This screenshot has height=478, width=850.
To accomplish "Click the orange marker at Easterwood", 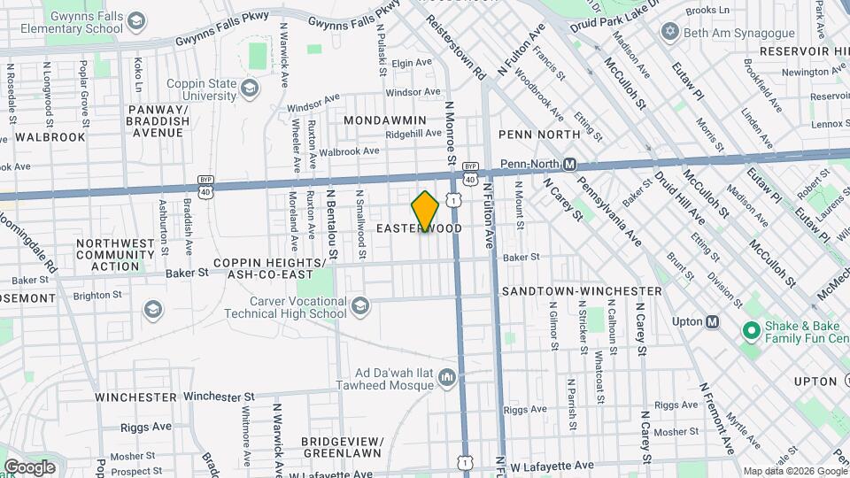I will pyautogui.click(x=425, y=212).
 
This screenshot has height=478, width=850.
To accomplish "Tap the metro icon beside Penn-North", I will pyautogui.click(x=570, y=165).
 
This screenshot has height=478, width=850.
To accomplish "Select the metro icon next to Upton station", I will pyautogui.click(x=710, y=321).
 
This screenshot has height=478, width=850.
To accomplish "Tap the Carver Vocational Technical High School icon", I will pyautogui.click(x=359, y=306).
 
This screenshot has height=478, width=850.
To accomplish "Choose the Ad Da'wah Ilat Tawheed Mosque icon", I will pyautogui.click(x=446, y=379).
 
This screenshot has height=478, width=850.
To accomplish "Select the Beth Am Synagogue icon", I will pyautogui.click(x=669, y=32).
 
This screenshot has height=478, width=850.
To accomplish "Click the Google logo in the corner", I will pyautogui.click(x=29, y=466).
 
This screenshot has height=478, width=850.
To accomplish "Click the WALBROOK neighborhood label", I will pyautogui.click(x=50, y=137).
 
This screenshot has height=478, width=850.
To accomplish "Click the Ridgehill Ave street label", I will pyautogui.click(x=413, y=134).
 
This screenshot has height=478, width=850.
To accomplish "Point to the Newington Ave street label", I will pyautogui.click(x=802, y=72).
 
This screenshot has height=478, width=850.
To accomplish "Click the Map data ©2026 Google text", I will pyautogui.click(x=794, y=471).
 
